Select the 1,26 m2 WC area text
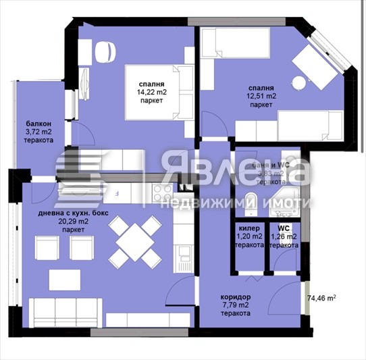[x=284, y=237]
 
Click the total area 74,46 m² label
[x=321, y=297]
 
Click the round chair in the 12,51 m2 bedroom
[x=298, y=81]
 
